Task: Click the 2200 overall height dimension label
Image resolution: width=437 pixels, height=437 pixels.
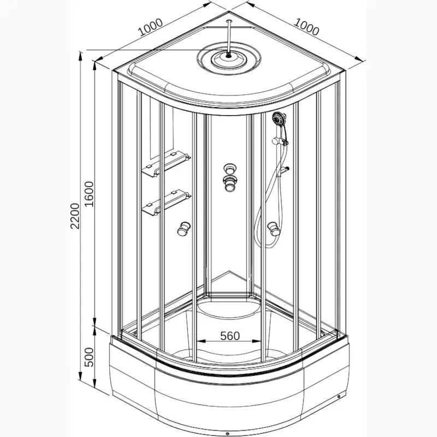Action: (75, 216)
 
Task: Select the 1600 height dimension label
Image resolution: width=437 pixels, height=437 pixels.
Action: (90, 194)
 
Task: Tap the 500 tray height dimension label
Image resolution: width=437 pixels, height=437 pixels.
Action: (90, 357)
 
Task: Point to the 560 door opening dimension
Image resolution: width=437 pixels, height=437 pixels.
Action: (230, 336)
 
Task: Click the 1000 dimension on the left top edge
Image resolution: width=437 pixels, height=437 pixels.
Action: (151, 27)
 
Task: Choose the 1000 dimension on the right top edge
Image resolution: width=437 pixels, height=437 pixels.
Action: (306, 27)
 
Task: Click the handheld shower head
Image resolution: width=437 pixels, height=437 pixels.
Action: (279, 119)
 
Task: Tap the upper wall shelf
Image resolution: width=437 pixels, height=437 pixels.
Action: (167, 164)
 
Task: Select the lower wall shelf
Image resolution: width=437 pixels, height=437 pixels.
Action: (167, 203)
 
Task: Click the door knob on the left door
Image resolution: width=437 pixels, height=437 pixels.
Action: (184, 228)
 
